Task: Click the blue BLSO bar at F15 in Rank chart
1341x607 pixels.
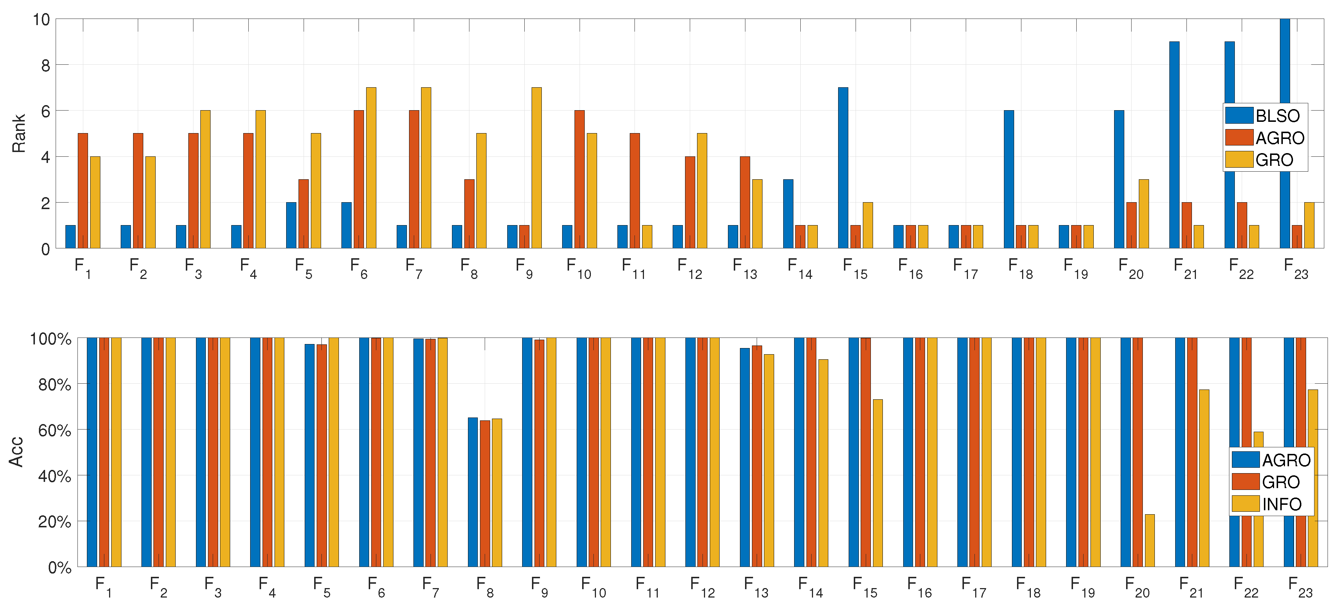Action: point(843,168)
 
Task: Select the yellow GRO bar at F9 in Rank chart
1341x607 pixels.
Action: point(536,168)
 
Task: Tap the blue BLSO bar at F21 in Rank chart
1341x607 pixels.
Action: point(1174,145)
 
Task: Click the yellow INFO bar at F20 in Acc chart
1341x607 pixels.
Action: point(1149,540)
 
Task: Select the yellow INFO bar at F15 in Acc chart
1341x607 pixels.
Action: point(877,483)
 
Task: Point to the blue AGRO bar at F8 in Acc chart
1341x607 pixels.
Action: point(472,492)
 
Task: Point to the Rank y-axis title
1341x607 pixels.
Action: point(19,133)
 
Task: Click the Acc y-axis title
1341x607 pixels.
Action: point(17,452)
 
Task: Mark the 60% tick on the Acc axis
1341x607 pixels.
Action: point(54,430)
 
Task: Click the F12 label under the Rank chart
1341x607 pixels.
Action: point(689,268)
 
